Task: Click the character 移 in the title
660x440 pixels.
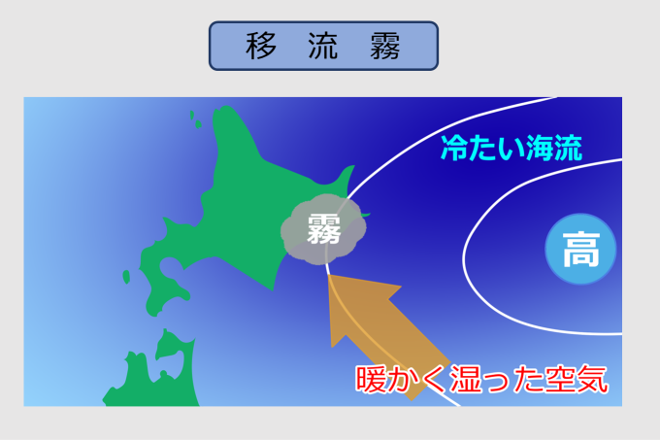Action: [x=261, y=46]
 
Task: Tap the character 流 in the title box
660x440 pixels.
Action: [x=323, y=46]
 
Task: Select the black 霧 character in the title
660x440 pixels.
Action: [x=384, y=46]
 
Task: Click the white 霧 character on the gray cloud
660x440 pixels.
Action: [x=323, y=228]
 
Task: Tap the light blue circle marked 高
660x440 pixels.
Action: [x=580, y=249]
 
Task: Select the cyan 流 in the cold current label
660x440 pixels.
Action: [x=568, y=148]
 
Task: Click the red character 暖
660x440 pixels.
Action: [x=371, y=379]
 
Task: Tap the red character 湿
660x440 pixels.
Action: [x=465, y=379]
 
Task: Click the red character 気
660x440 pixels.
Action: [x=592, y=379]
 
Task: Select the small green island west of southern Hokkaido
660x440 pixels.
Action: [x=126, y=277]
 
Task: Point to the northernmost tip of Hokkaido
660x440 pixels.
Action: [x=224, y=107]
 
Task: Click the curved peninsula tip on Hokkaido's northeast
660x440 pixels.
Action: [x=352, y=167]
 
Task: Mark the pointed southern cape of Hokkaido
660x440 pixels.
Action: [x=273, y=289]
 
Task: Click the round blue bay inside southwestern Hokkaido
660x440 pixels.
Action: [x=171, y=266]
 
